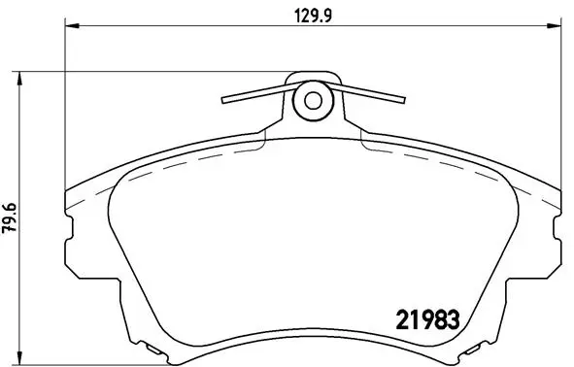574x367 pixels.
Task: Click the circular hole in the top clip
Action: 313,99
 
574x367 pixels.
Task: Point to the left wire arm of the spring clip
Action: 255,93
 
